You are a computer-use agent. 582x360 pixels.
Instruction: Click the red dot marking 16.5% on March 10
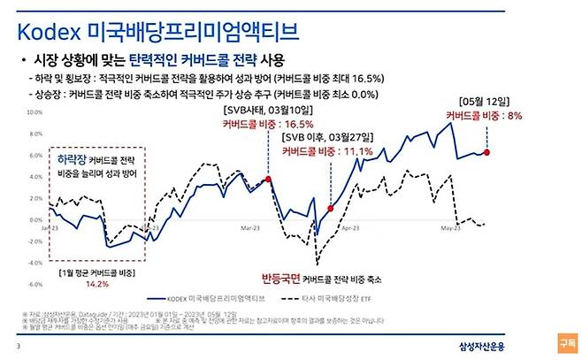pyautogui.click(x=269, y=179)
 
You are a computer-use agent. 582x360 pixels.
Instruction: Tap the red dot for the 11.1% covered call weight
pyautogui.click(x=329, y=209)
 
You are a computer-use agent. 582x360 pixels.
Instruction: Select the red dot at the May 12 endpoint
pyautogui.click(x=487, y=152)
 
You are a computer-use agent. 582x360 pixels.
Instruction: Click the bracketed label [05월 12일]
pyautogui.click(x=485, y=101)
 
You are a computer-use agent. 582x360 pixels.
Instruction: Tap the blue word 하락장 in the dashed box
pyautogui.click(x=71, y=159)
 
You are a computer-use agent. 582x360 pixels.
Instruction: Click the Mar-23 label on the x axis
pyautogui.click(x=250, y=226)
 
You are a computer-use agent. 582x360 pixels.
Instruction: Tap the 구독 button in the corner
pyautogui.click(x=566, y=341)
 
